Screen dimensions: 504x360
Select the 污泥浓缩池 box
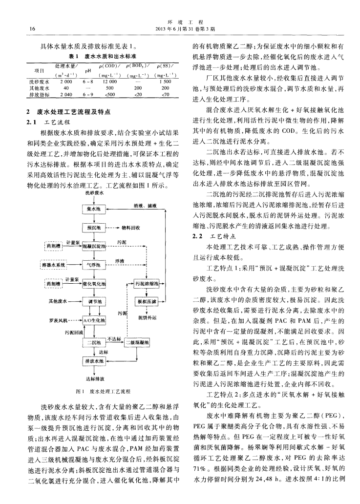(x=146, y=283)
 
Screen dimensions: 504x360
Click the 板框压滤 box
(x=146, y=302)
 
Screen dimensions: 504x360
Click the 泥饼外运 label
(x=146, y=317)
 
